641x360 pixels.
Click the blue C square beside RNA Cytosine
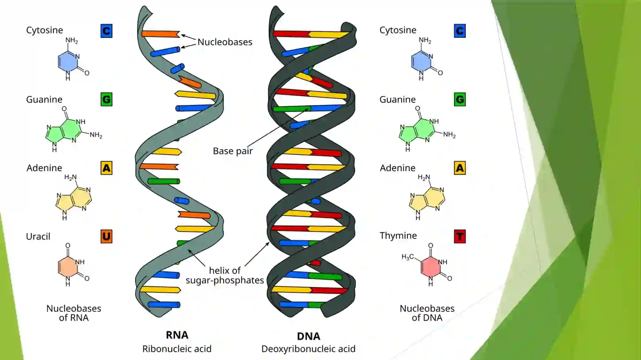(107, 31)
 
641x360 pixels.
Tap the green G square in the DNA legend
(460, 99)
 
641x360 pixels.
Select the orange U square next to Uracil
(107, 237)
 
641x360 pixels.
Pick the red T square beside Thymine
(460, 237)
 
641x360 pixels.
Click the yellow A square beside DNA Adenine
(460, 168)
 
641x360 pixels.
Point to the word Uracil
(38, 237)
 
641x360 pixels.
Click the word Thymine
(398, 235)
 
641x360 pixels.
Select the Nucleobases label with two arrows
(225, 42)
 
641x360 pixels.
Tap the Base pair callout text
(233, 151)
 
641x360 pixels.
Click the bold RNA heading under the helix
(177, 335)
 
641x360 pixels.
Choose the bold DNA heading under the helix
(308, 336)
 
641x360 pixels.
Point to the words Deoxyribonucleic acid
(308, 349)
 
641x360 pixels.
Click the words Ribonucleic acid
(177, 349)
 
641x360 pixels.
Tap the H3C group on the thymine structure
(407, 257)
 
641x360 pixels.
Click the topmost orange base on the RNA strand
(161, 34)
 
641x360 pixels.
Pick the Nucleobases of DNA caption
(427, 313)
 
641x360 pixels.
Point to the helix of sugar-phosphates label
(225, 276)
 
